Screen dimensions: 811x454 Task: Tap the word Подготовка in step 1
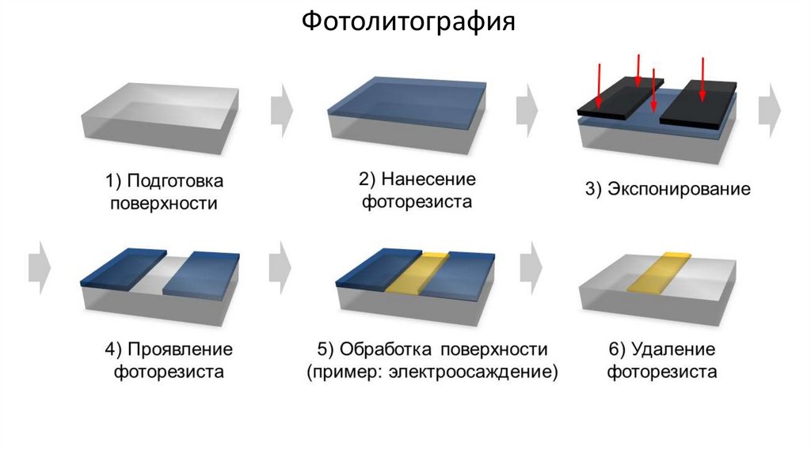tap(175, 181)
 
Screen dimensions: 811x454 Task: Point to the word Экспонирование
tap(679, 190)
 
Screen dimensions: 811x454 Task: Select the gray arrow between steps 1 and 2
tap(281, 110)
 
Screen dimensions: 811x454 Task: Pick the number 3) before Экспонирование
tap(596, 190)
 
